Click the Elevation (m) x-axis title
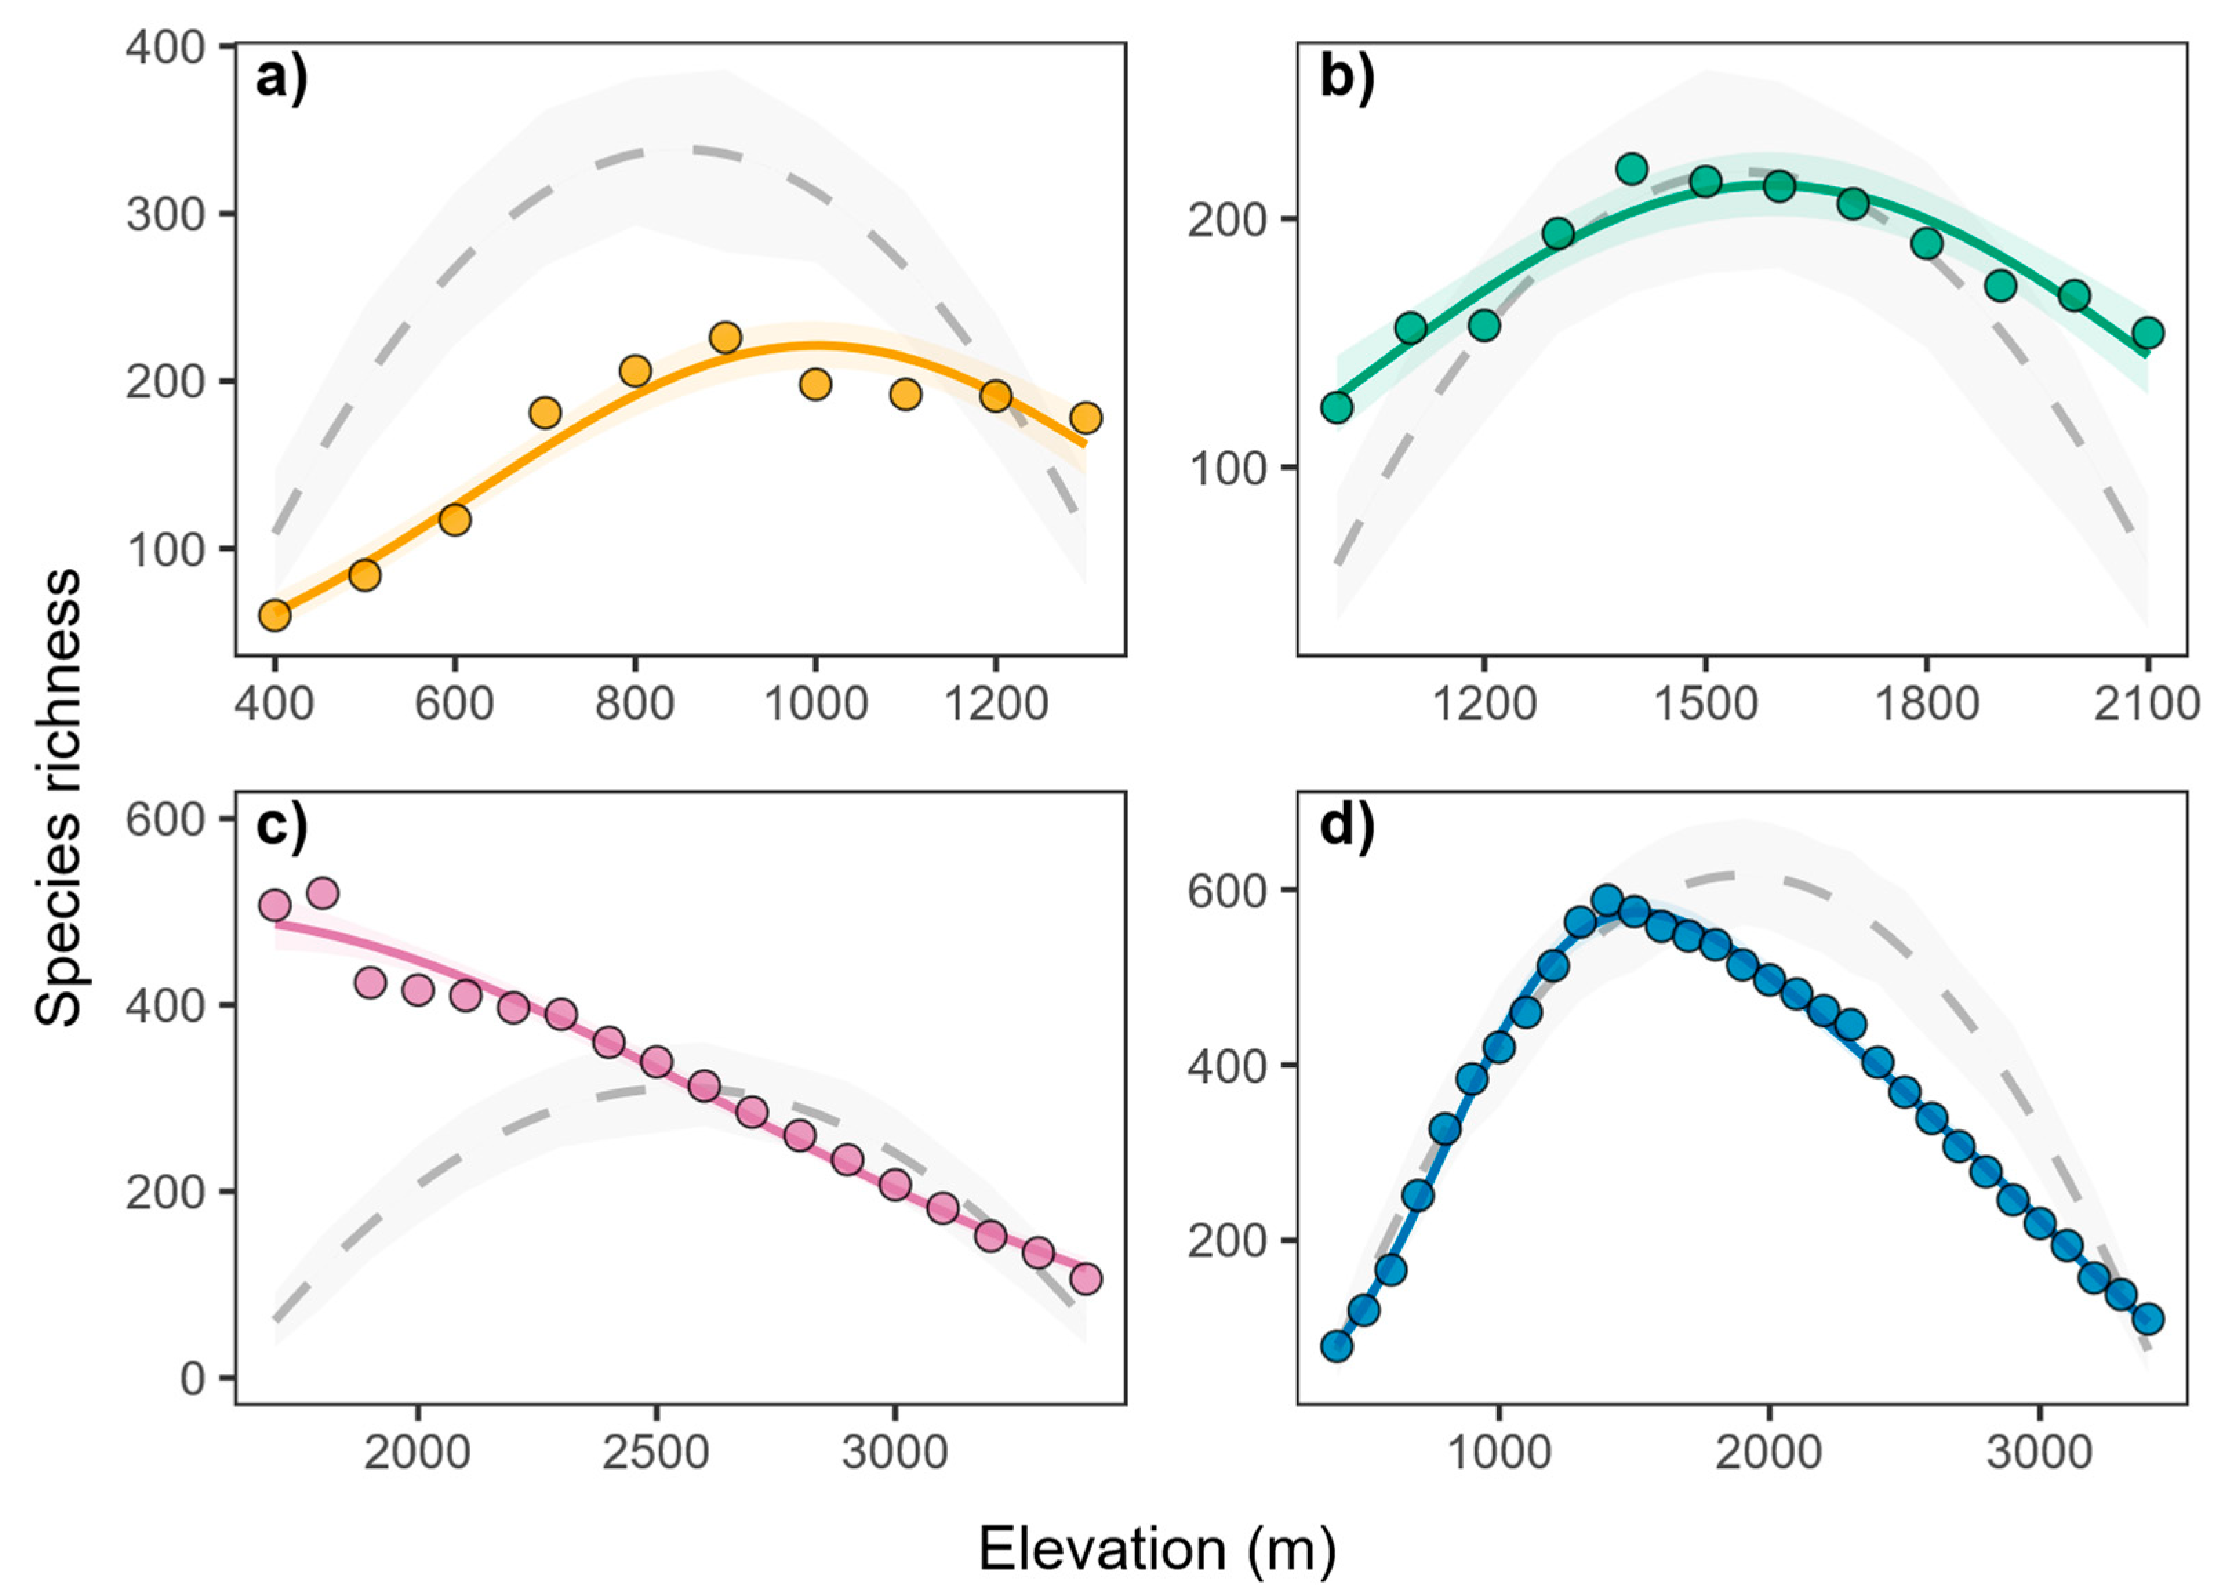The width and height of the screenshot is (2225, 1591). pos(1157,1549)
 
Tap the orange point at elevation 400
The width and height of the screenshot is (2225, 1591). pos(275,615)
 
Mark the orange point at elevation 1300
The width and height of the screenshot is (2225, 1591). pos(1085,418)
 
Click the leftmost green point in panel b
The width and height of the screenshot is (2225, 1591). pos(1337,406)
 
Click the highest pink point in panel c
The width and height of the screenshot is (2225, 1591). pos(322,893)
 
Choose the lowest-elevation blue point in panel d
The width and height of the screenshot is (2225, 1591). pos(1337,1346)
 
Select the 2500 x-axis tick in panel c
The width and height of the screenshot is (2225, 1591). pos(655,1452)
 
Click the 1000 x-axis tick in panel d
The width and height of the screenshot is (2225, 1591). pos(1498,1452)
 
